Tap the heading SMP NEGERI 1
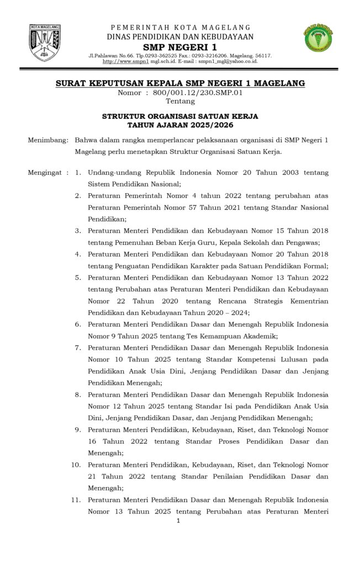pos(179,47)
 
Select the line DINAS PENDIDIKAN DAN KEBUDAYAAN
pos(180,36)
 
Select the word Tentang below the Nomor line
pos(180,101)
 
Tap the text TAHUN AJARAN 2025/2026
pos(180,125)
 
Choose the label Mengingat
pos(46,173)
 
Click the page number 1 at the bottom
pos(178,520)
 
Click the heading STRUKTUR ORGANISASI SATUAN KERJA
pos(180,116)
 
